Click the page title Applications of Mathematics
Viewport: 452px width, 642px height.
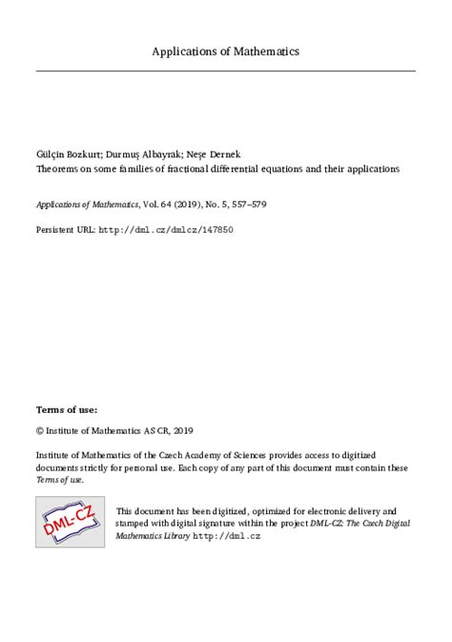click(x=226, y=51)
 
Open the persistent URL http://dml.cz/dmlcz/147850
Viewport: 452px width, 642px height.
click(x=167, y=231)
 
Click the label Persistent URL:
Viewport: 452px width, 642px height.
click(x=66, y=231)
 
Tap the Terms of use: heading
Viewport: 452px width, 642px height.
click(x=66, y=408)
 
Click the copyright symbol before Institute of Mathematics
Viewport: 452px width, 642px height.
click(x=40, y=430)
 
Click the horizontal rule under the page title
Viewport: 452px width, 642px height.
click(x=226, y=72)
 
